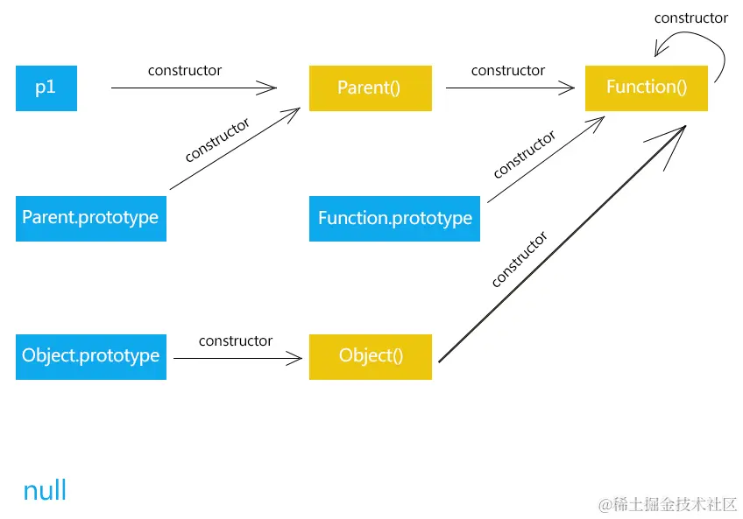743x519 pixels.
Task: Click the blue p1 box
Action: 46,88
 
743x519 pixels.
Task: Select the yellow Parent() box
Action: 370,88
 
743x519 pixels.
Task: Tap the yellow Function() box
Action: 646,88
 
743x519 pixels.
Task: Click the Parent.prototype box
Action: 90,218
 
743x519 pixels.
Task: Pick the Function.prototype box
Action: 394,218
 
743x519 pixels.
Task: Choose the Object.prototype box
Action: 90,356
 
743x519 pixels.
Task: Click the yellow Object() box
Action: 370,356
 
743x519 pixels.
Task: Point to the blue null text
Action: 45,490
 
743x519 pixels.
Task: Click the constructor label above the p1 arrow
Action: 185,70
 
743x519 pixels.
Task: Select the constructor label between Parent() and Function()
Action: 508,70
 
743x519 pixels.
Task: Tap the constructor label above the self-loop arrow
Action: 690,18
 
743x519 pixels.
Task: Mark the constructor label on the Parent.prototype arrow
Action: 217,140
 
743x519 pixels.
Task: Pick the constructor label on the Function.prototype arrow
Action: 524,155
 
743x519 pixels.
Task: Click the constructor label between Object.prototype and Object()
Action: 236,340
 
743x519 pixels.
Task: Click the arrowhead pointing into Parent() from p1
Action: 266,88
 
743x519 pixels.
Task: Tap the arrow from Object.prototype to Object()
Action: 237,358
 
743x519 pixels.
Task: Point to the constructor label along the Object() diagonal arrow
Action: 519,259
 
